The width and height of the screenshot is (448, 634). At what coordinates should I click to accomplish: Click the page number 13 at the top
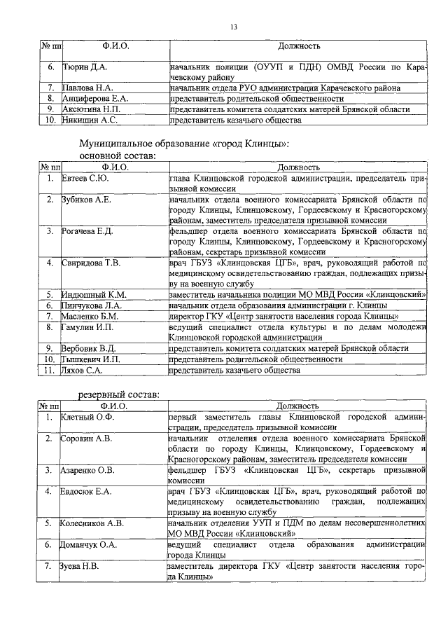point(234,27)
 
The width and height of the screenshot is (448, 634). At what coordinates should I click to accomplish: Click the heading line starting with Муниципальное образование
point(184,144)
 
